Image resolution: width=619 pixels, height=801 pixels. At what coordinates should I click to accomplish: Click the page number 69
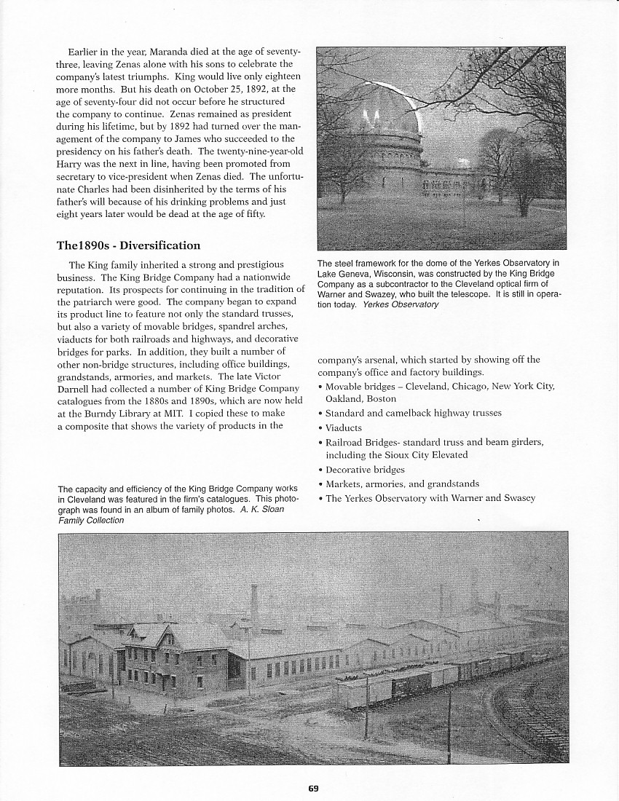313,787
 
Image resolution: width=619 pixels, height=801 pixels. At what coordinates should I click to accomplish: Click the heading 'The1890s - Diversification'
128,245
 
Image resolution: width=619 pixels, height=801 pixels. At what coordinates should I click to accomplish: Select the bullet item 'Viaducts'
343,427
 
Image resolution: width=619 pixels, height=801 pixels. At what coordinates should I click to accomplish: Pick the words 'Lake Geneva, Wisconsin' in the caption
363,274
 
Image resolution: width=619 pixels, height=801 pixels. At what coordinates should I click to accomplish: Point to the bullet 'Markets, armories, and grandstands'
397,484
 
